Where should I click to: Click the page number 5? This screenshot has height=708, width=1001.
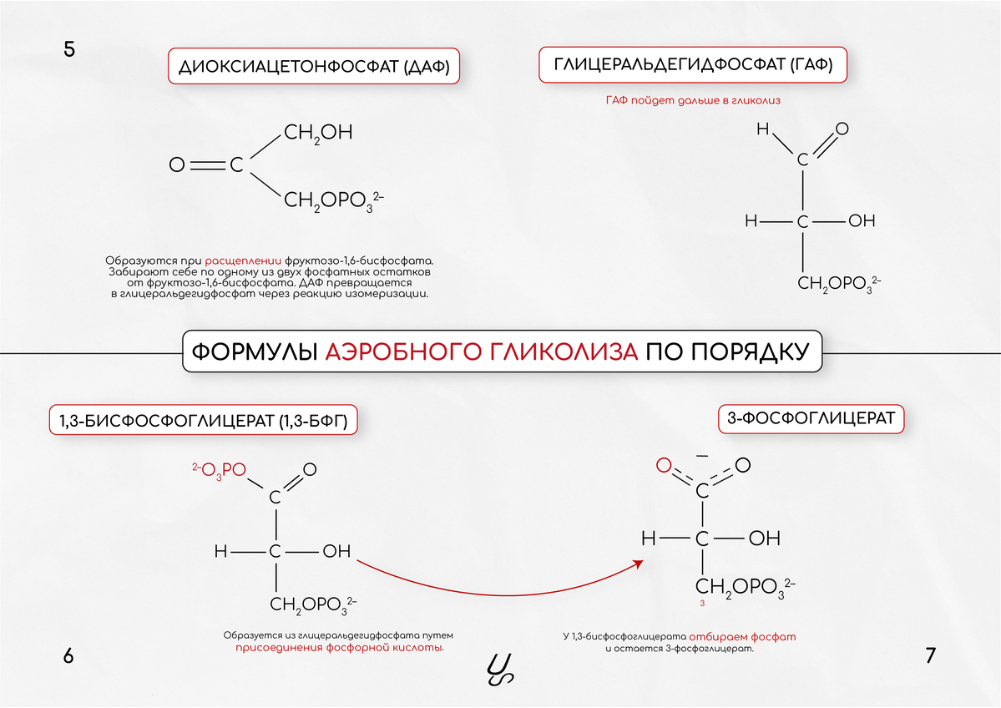[69, 49]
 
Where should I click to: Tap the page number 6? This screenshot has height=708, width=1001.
[68, 656]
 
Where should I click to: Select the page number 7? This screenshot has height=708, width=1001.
[931, 656]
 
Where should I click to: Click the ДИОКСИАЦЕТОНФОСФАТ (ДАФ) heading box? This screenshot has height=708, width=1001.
[315, 68]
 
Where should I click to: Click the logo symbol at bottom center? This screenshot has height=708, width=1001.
[499, 668]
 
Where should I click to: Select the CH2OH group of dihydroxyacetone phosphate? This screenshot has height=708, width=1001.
[318, 133]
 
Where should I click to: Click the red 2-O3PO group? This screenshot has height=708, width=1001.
[218, 470]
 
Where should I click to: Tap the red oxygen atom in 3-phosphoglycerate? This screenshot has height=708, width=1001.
[664, 465]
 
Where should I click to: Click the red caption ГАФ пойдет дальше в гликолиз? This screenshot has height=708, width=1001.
[692, 100]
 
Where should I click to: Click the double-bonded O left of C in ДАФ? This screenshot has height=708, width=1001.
[176, 165]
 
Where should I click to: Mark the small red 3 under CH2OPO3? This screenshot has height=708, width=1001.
[703, 603]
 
